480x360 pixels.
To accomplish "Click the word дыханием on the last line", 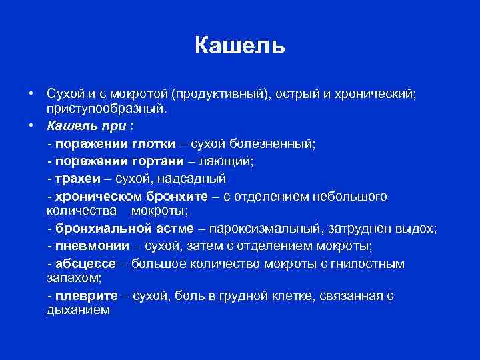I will (x=78, y=310).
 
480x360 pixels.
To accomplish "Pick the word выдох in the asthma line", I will (x=415, y=229).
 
